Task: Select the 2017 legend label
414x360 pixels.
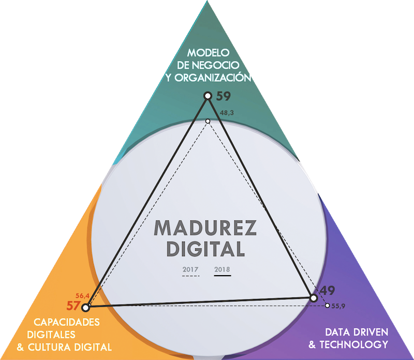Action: pyautogui.click(x=191, y=269)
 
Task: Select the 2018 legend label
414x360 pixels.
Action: pyautogui.click(x=223, y=269)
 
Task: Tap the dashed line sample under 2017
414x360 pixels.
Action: pyautogui.click(x=191, y=276)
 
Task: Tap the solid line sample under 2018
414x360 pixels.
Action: pyautogui.click(x=223, y=276)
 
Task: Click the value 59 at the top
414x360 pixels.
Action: pyautogui.click(x=223, y=96)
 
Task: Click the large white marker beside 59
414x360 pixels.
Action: pyautogui.click(x=208, y=96)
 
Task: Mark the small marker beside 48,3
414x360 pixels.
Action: pyautogui.click(x=208, y=122)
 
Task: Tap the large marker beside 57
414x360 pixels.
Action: pyautogui.click(x=86, y=308)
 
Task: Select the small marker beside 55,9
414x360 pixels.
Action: pyautogui.click(x=327, y=305)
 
